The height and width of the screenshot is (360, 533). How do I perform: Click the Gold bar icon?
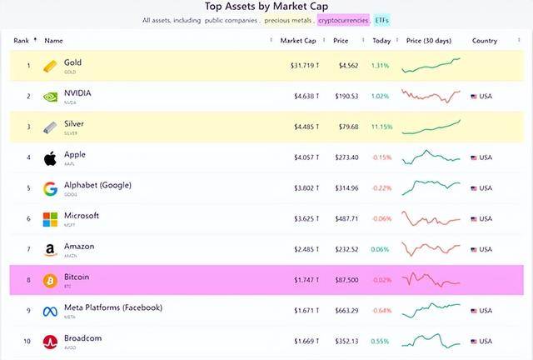pyautogui.click(x=50, y=65)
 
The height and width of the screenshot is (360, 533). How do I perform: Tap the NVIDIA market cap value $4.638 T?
pyautogui.click(x=298, y=97)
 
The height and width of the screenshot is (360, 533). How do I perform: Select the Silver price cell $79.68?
pyautogui.click(x=346, y=127)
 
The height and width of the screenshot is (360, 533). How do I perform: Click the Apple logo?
pyautogui.click(x=50, y=157)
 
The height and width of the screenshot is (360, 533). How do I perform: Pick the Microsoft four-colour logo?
pyautogui.click(x=50, y=219)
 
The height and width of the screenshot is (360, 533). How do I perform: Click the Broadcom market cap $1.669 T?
pyautogui.click(x=298, y=342)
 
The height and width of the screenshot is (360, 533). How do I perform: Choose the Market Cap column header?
pyautogui.click(x=297, y=41)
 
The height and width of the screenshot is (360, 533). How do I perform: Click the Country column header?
pyautogui.click(x=484, y=41)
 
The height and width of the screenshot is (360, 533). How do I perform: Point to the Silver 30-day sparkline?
pyautogui.click(x=431, y=127)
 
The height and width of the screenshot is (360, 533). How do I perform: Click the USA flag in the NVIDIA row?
pyautogui.click(x=475, y=97)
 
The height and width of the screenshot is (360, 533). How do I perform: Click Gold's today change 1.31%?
pyautogui.click(x=381, y=66)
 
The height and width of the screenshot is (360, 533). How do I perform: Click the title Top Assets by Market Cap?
pyautogui.click(x=266, y=6)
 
